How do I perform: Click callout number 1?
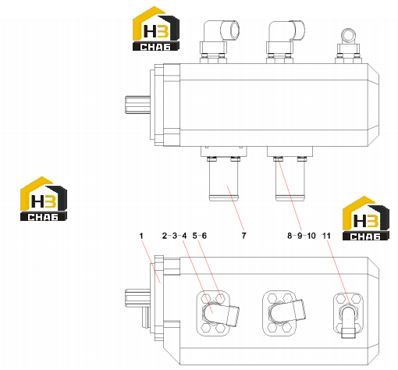pyautogui.click(x=141, y=236)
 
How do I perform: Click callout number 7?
pyautogui.click(x=243, y=236)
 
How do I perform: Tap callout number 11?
pyautogui.click(x=326, y=236)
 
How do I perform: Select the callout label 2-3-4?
pyautogui.click(x=174, y=236)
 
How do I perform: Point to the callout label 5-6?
pyautogui.click(x=200, y=236)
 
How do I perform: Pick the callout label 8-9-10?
pyautogui.click(x=301, y=236)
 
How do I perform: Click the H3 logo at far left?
pyautogui.click(x=44, y=199)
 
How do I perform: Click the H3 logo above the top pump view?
pyautogui.click(x=156, y=29)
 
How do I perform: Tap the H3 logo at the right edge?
pyautogui.click(x=365, y=218)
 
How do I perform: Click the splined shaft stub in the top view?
pyautogui.click(x=137, y=105)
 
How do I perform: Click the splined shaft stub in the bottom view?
pyautogui.click(x=137, y=298)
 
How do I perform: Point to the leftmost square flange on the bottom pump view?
pyautogui.click(x=213, y=313)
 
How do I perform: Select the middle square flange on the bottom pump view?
pyautogui.click(x=279, y=313)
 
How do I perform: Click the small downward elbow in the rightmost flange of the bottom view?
pyautogui.click(x=348, y=322)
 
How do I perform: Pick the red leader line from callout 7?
pyautogui.click(x=236, y=208)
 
